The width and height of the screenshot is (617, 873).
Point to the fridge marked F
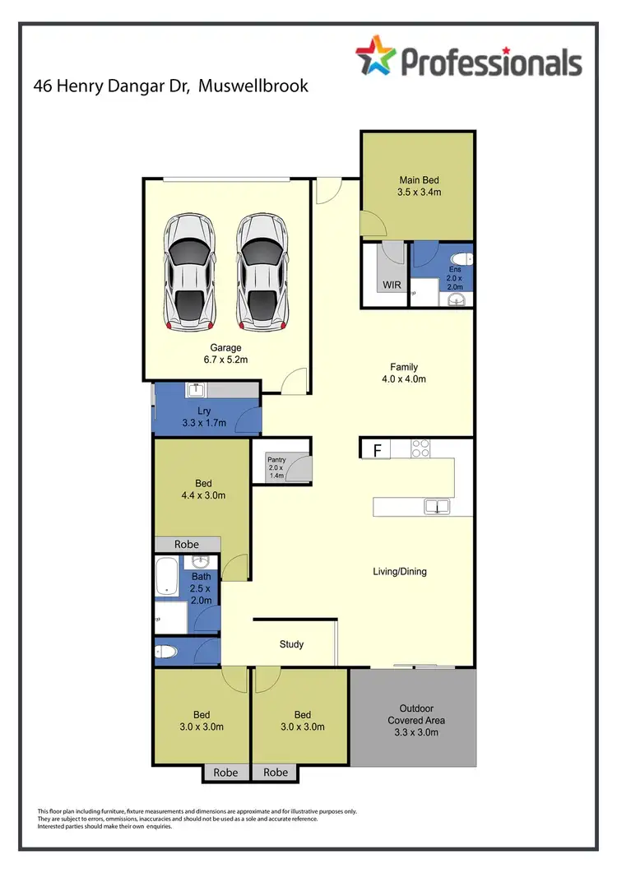click(377, 449)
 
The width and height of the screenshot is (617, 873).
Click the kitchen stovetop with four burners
click(420, 449)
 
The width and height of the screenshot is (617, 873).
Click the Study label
click(291, 644)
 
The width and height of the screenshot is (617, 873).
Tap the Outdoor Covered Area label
click(416, 720)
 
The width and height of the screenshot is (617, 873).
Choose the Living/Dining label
click(400, 571)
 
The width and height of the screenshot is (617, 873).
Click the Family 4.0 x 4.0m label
click(404, 373)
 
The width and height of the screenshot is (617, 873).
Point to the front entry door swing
click(327, 192)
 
